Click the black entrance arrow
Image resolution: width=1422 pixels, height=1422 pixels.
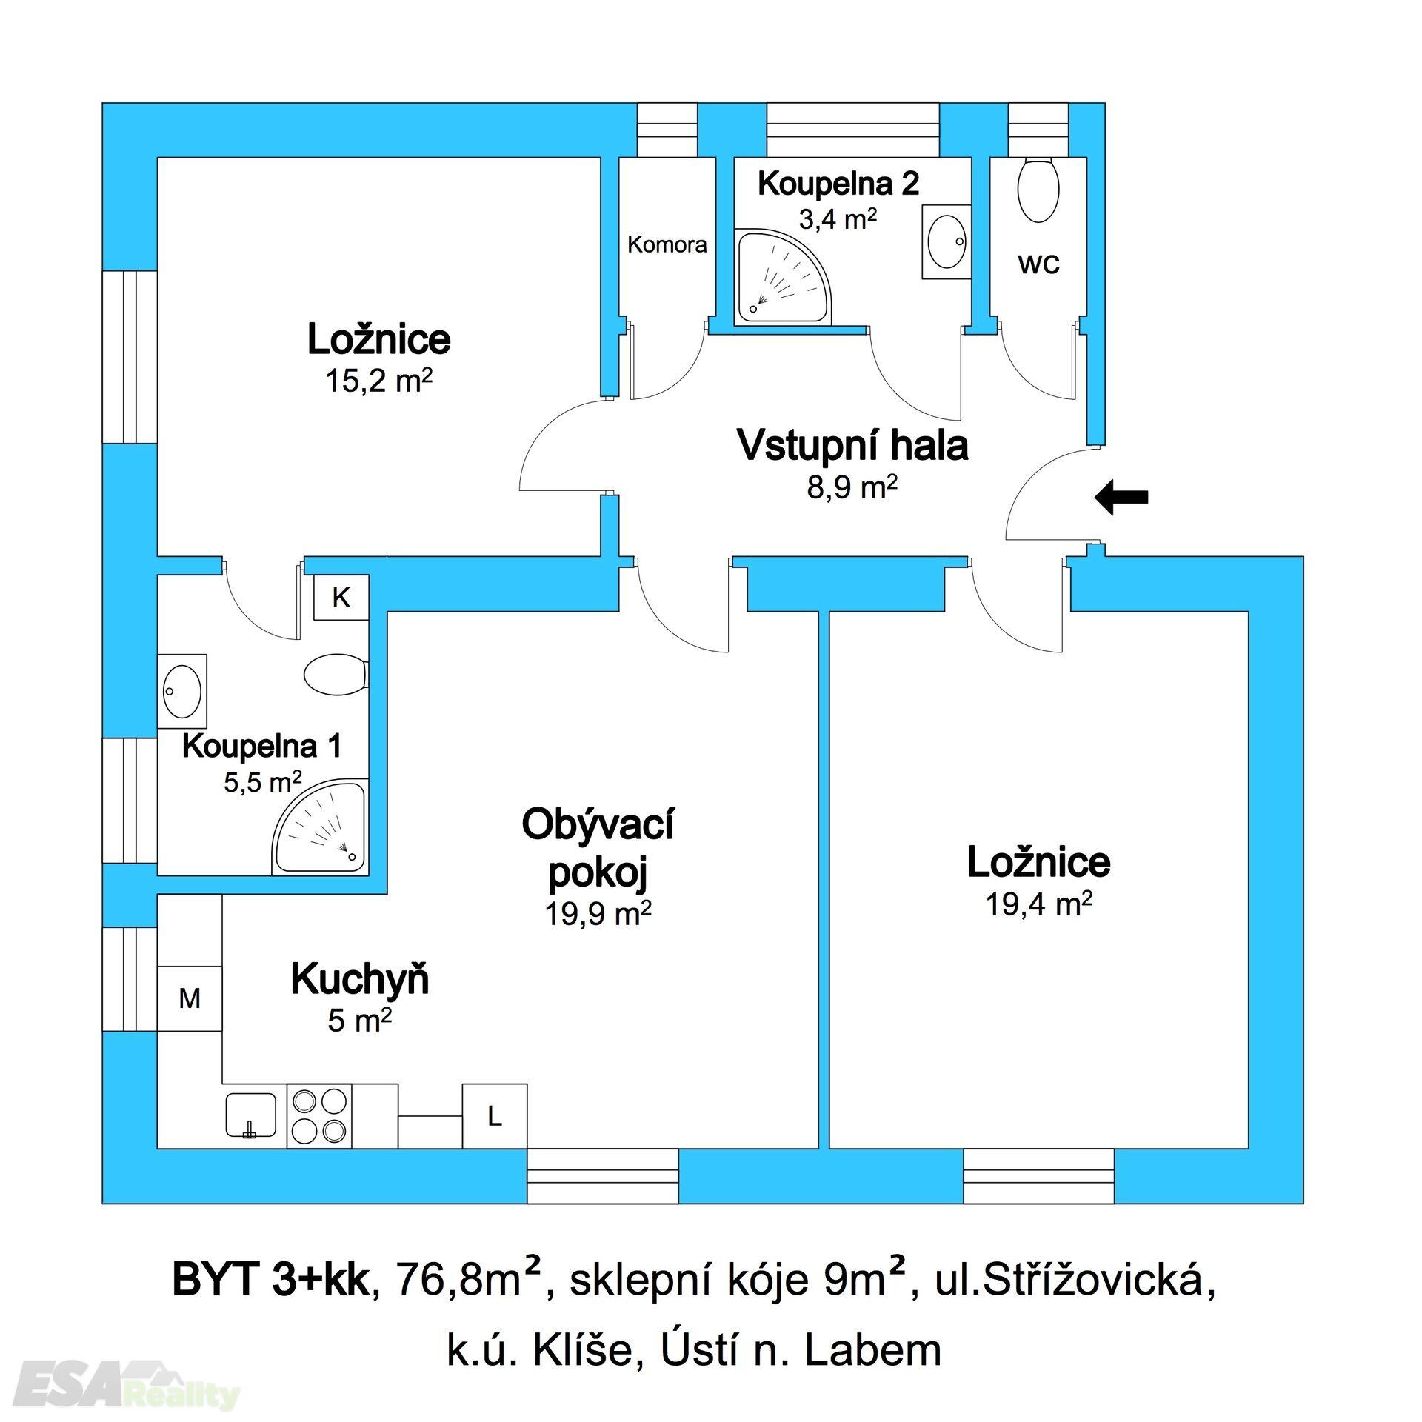[1121, 497]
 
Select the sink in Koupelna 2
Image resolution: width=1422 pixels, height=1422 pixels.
[946, 241]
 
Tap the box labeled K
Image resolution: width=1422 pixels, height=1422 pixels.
[341, 598]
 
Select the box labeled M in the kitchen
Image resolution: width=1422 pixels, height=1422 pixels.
[190, 998]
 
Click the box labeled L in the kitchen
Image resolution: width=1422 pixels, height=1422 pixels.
[495, 1116]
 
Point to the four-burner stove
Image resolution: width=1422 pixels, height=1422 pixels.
[320, 1116]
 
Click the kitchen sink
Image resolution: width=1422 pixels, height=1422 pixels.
[250, 1115]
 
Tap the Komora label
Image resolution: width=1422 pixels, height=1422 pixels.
[667, 244]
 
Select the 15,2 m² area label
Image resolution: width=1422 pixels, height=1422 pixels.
[378, 381]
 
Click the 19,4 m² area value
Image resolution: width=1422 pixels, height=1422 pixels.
[1039, 904]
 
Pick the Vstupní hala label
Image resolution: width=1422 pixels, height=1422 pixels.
[852, 447]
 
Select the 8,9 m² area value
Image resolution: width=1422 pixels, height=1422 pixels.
[852, 488]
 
